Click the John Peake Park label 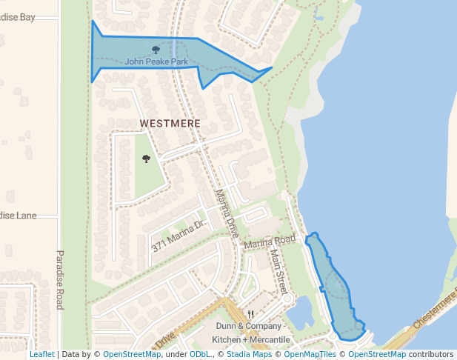(x=156, y=61)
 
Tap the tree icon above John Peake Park (x=156, y=50)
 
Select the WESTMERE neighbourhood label (x=170, y=123)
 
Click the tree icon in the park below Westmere (x=146, y=159)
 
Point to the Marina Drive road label (x=227, y=213)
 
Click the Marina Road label (x=270, y=242)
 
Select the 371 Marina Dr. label (x=178, y=234)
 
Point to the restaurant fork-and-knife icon (x=251, y=314)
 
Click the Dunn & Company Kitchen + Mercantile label (x=250, y=333)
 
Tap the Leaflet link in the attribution (x=41, y=354)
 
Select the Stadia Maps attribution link (x=248, y=354)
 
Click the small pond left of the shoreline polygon (x=301, y=314)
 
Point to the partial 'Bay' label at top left (x=18, y=16)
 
